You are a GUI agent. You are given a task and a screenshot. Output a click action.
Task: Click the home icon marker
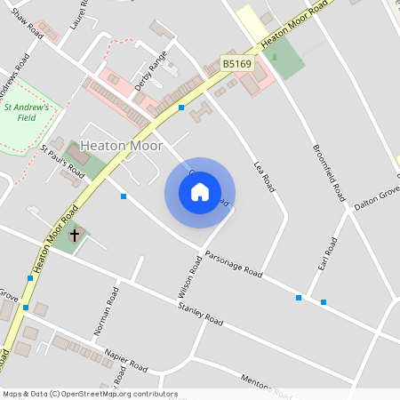click(200, 192)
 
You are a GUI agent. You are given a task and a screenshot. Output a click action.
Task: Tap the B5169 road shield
click(237, 64)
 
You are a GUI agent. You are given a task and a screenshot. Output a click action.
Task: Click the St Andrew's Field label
click(31, 111)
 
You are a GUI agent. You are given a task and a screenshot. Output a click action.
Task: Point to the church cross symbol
click(75, 236)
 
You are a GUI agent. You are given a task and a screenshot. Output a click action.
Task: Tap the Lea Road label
click(265, 176)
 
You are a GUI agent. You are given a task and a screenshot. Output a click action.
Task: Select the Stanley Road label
click(201, 313)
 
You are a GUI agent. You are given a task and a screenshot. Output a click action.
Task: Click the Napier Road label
click(124, 359)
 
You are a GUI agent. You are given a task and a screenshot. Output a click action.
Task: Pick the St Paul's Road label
click(62, 162)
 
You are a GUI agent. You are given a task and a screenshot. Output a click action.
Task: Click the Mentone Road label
click(267, 386)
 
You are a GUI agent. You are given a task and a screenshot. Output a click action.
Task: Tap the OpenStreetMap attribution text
click(89, 394)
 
